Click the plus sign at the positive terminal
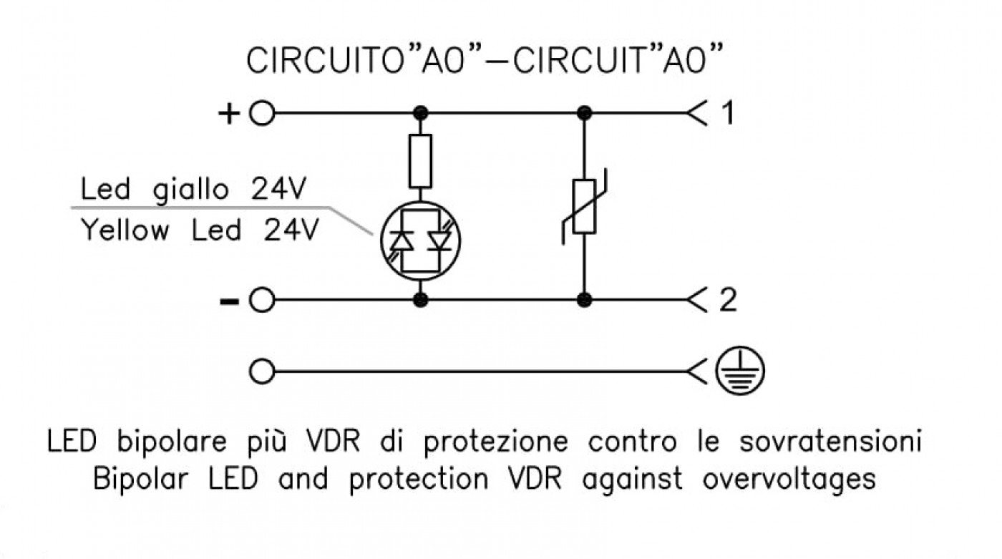(229, 114)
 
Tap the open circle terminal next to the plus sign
(262, 114)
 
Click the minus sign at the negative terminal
(230, 301)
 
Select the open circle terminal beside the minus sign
(262, 300)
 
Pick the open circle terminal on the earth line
(262, 371)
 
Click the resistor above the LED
(421, 161)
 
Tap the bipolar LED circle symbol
(421, 241)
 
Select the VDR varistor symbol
(584, 207)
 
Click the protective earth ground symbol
(740, 371)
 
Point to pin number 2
(729, 300)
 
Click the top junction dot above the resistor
(421, 113)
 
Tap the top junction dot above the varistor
(584, 113)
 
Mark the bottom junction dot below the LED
(421, 300)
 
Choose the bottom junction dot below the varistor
(584, 300)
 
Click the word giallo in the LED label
(191, 190)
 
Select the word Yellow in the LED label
(125, 230)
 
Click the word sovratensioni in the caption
(830, 442)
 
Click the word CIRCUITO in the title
(326, 61)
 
